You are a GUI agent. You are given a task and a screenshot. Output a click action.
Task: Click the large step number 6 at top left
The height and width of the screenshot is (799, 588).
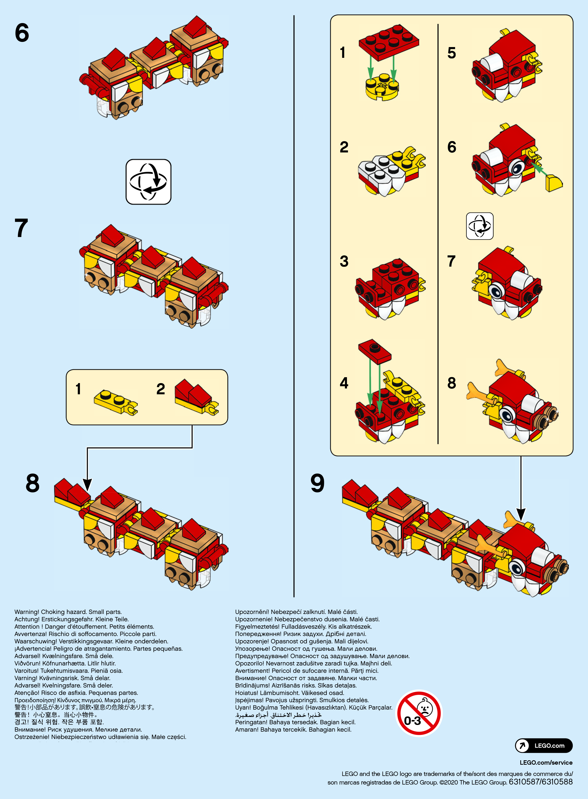22,33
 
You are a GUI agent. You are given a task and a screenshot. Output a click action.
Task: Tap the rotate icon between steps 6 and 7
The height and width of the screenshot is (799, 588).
148,182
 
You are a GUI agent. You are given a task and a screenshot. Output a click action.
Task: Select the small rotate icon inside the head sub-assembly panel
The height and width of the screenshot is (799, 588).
479,226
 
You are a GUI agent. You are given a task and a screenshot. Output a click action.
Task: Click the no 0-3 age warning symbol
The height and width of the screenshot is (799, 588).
419,713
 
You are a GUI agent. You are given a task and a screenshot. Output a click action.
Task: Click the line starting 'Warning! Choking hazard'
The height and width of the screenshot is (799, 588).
68,612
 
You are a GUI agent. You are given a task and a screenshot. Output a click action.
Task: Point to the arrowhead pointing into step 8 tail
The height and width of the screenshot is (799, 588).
87,485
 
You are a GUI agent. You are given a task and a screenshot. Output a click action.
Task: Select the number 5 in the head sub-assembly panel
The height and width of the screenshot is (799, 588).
451,53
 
